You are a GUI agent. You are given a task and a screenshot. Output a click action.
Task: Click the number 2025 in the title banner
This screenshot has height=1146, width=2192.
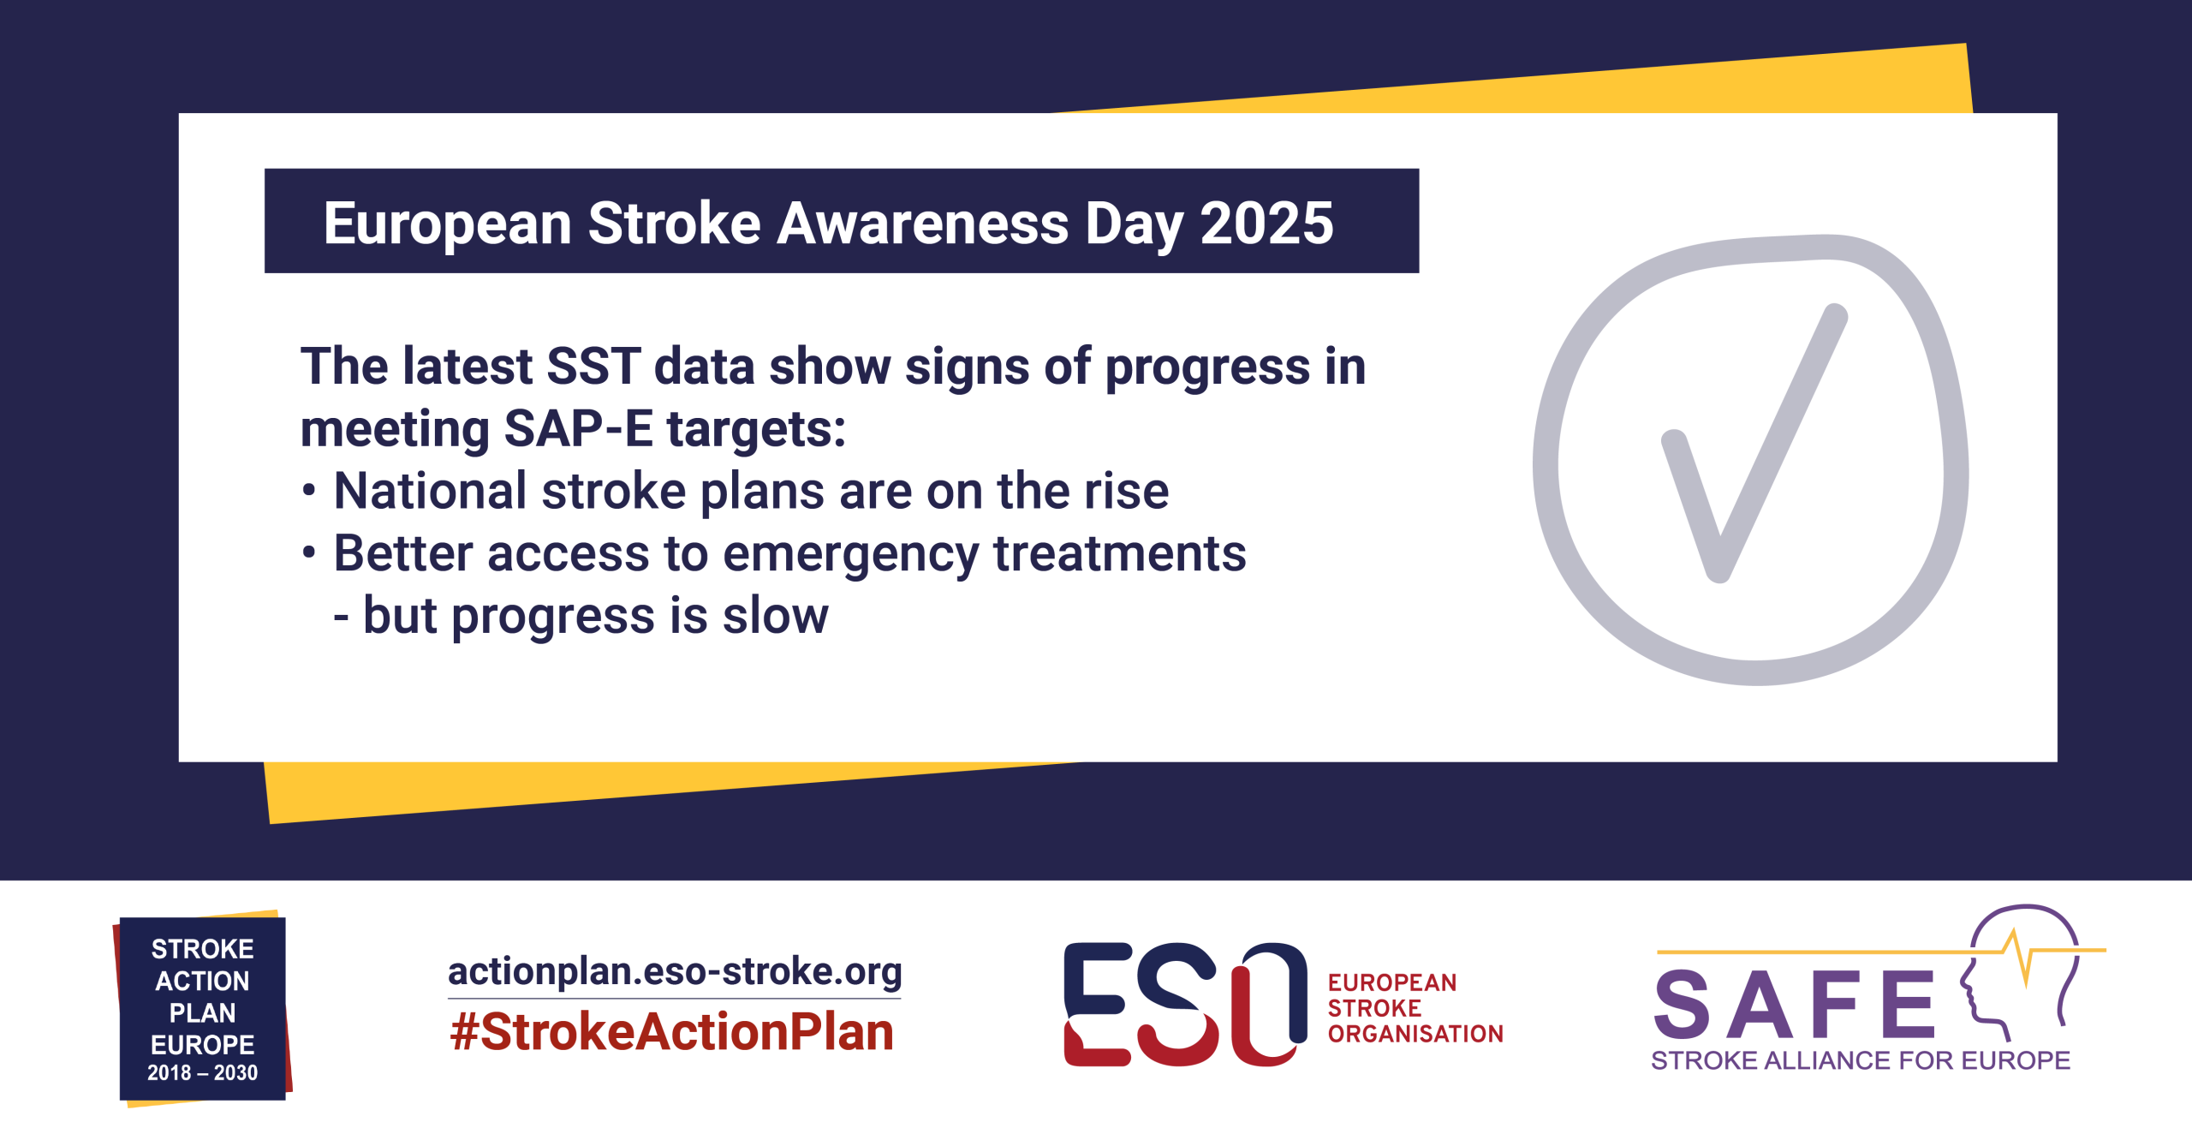[1266, 224]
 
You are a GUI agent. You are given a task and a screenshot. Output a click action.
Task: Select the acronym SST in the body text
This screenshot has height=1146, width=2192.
[593, 367]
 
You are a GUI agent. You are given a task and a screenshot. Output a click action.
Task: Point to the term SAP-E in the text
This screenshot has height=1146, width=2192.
[578, 428]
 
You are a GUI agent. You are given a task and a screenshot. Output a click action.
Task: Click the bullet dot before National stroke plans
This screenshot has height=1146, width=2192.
[309, 491]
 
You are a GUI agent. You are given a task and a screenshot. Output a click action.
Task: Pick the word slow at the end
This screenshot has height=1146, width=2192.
[775, 616]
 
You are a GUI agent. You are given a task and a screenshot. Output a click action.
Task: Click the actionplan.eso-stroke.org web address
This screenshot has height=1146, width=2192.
[675, 971]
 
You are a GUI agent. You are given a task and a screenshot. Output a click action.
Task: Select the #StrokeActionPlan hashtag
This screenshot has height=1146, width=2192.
[672, 1032]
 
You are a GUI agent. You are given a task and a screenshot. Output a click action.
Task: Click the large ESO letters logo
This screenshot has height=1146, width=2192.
[1185, 1004]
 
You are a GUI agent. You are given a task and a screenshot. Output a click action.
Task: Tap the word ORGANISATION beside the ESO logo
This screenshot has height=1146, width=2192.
[1415, 1035]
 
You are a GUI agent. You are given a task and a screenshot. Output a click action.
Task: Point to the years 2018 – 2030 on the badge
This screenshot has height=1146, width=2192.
[202, 1073]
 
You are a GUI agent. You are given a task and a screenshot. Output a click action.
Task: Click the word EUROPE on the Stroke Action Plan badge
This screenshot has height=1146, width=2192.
[202, 1045]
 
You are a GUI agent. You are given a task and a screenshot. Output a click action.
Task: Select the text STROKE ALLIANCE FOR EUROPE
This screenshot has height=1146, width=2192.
[1861, 1061]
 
